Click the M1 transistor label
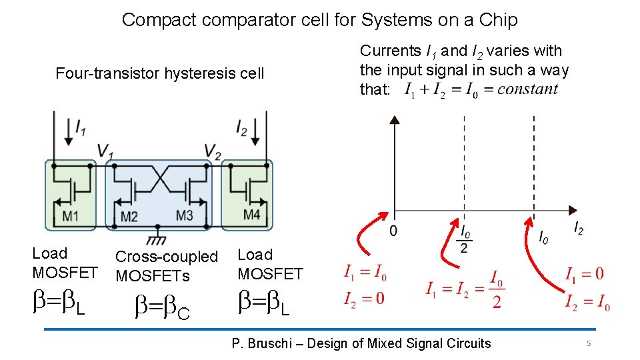pos(71,215)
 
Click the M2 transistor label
pos(129,216)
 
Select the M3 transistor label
pos(184,215)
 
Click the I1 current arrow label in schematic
pos(79,128)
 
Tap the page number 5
pos(589,343)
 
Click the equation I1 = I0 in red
pos(365,273)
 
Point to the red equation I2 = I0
pos(587,304)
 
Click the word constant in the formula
pos(527,89)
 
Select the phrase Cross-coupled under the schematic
pos(167,257)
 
